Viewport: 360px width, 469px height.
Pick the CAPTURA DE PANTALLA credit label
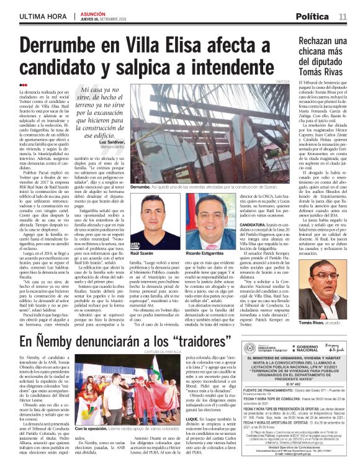(x=152, y=352)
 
